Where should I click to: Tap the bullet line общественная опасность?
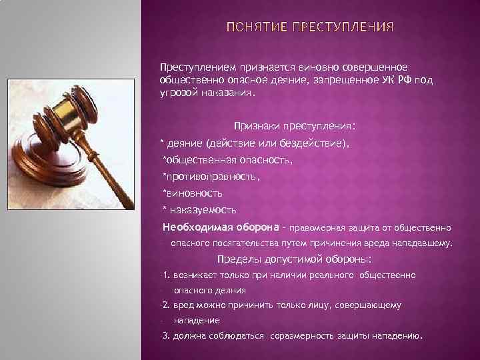[227, 160]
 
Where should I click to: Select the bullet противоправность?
[211, 177]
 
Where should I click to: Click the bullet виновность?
[194, 193]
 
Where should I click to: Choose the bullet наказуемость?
[199, 210]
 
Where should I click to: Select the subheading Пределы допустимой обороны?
[295, 259]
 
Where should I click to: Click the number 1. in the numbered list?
[166, 275]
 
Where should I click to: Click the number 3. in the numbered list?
[166, 335]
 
